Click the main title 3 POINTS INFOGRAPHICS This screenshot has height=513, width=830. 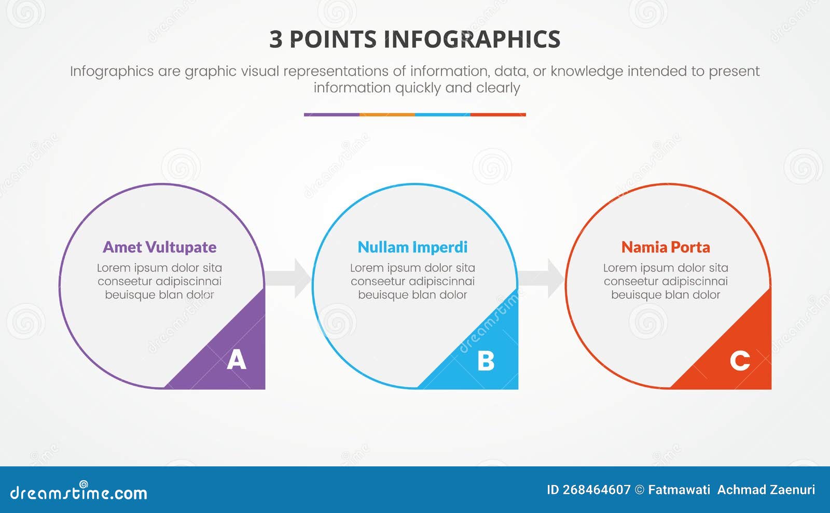click(414, 39)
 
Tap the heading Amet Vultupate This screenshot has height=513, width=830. click(159, 247)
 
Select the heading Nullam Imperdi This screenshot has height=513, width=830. click(412, 247)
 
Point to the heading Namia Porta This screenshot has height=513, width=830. click(666, 247)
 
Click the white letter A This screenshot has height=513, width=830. click(237, 360)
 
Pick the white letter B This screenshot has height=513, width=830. click(486, 361)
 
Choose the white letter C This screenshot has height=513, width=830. click(740, 361)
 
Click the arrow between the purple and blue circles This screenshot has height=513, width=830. click(288, 278)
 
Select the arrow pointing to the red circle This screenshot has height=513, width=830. click(542, 278)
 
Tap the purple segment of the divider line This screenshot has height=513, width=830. click(331, 115)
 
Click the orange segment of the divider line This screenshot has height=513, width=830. click(387, 115)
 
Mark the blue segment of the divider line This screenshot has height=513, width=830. click(442, 115)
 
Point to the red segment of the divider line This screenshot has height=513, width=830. click(498, 115)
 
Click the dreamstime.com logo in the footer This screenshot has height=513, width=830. click(78, 492)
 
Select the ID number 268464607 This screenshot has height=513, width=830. click(597, 490)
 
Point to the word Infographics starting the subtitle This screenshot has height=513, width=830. click(112, 72)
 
